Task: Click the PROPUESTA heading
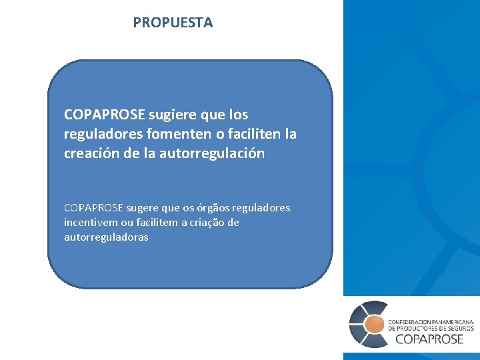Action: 173,23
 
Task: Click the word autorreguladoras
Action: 106,237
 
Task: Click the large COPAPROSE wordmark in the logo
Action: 429,339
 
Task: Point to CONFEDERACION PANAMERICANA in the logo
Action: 431,321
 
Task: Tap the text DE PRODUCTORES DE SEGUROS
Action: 431,328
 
